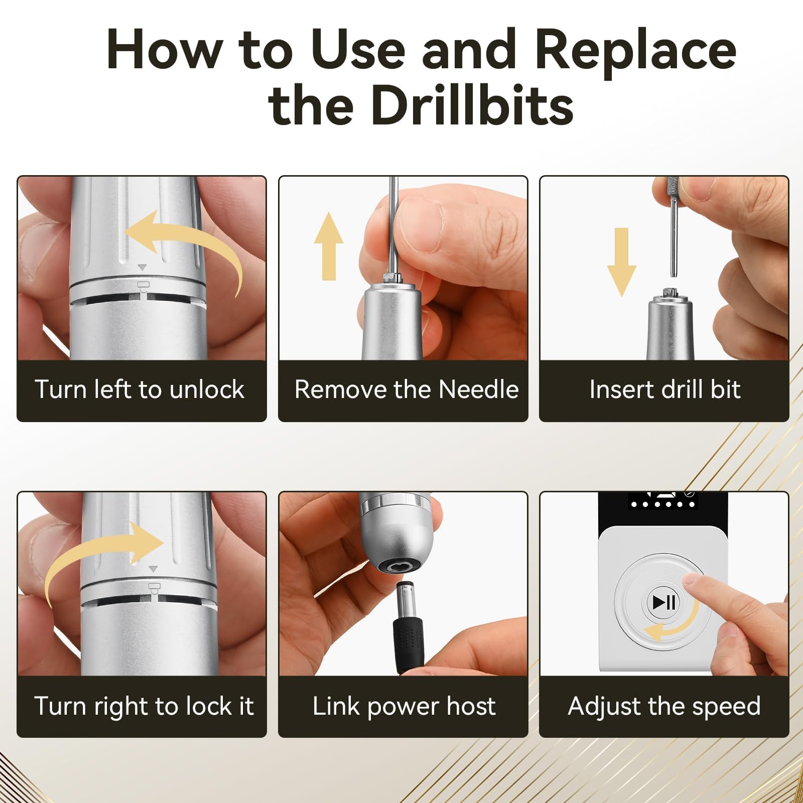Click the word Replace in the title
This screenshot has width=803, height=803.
point(635,50)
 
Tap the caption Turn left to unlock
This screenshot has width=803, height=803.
point(140,389)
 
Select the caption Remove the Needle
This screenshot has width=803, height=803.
point(407,389)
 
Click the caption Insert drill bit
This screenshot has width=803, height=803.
point(664,389)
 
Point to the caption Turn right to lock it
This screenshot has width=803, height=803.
point(144,706)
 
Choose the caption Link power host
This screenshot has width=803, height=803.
point(404,706)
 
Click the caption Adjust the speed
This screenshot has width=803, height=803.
point(664,706)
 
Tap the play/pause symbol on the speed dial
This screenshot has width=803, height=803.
point(663,602)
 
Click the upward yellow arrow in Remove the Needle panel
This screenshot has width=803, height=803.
point(329,246)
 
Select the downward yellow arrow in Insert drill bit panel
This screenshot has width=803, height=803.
point(621,262)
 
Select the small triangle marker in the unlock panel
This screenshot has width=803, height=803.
point(143,267)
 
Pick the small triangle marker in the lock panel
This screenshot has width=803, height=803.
point(154,569)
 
